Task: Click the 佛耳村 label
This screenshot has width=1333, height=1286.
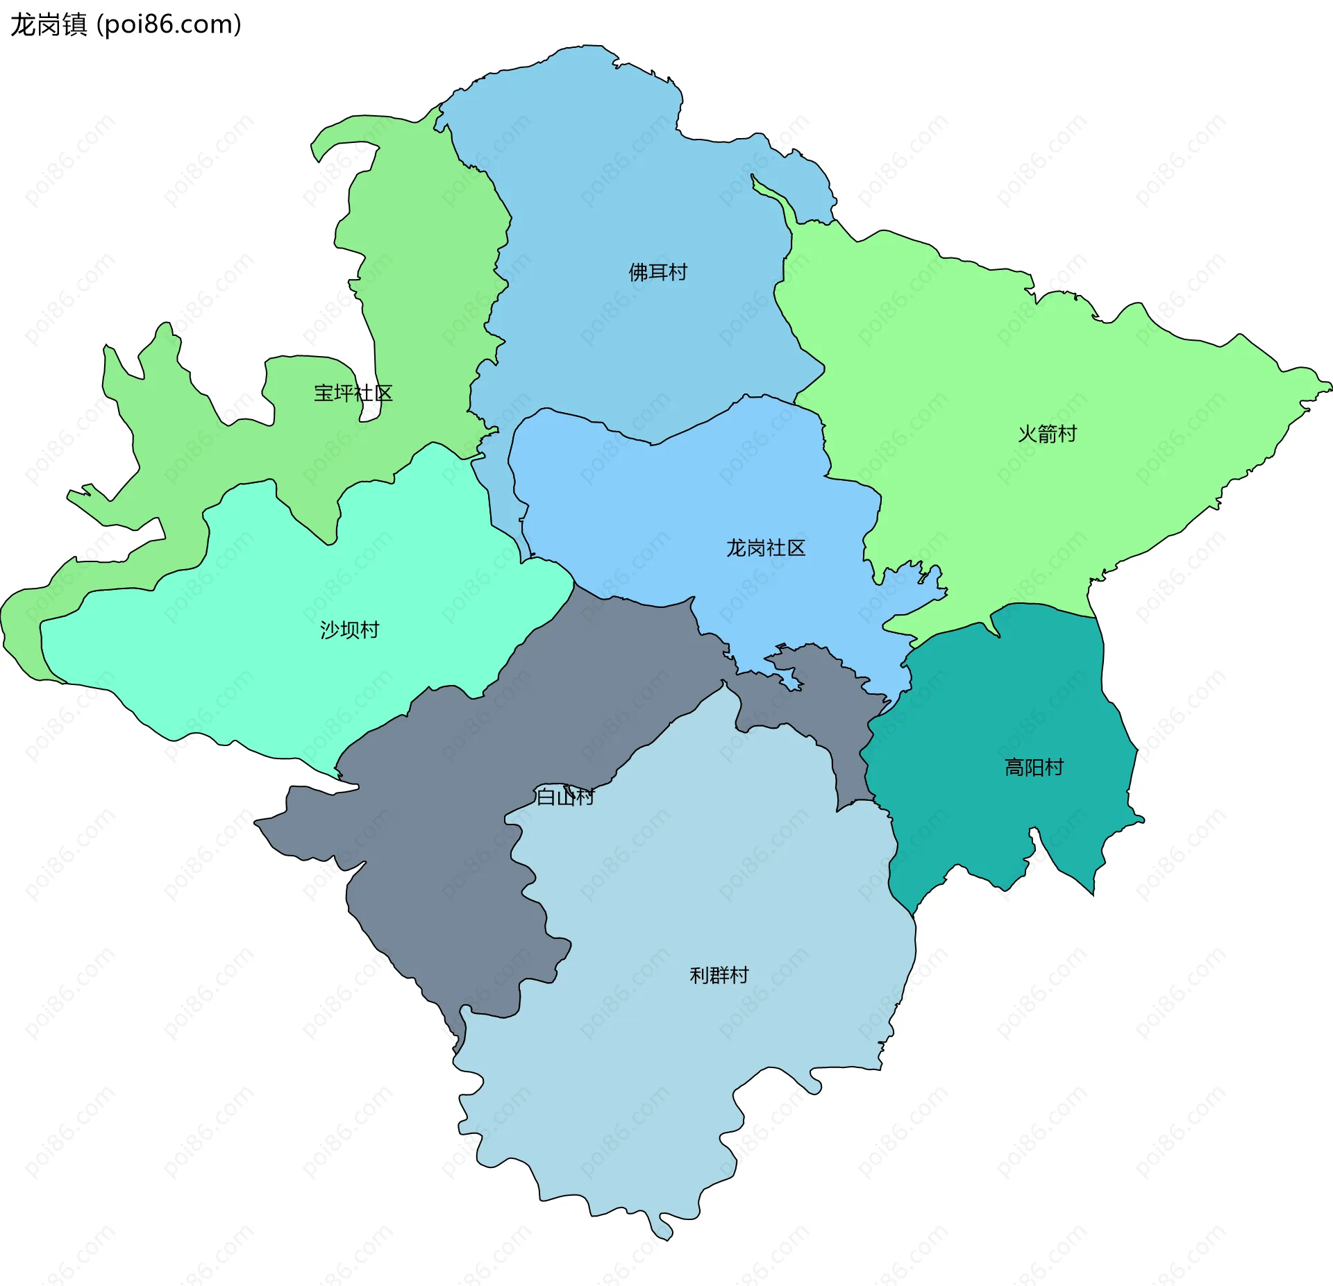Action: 657,272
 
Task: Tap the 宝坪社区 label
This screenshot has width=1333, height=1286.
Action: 353,394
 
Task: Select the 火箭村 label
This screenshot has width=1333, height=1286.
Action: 1047,434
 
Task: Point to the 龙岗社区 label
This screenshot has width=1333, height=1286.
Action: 766,548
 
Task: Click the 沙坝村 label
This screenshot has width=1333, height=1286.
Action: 349,630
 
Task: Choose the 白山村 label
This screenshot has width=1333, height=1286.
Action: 565,797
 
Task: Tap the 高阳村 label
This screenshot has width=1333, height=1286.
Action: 1034,768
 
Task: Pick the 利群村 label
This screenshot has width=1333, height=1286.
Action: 719,976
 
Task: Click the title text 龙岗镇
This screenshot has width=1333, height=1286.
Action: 49,25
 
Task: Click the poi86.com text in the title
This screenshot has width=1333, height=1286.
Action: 169,25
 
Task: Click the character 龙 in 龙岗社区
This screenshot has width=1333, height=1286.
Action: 736,548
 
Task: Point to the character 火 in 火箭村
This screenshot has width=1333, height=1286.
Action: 1028,434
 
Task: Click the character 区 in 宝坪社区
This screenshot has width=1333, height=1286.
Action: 383,394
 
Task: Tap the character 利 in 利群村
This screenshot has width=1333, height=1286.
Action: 699,976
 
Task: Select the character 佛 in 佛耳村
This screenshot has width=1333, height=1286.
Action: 638,272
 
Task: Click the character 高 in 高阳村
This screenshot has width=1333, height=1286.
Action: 1014,768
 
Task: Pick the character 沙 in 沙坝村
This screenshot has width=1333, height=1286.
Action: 330,630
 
